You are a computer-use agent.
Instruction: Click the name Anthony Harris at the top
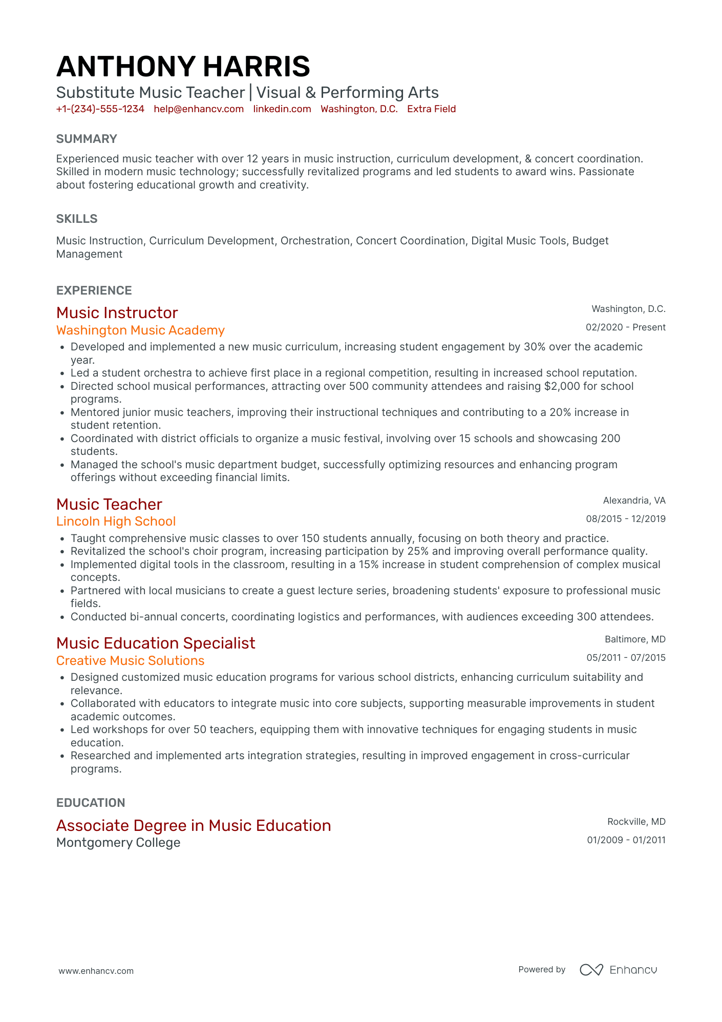click(x=183, y=67)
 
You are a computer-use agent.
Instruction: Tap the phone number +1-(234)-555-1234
click(x=100, y=109)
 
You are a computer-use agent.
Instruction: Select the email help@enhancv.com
click(x=199, y=109)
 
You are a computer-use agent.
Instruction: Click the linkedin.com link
click(x=282, y=109)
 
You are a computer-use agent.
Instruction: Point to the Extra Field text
click(x=431, y=109)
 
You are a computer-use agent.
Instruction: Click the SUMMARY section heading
click(x=87, y=139)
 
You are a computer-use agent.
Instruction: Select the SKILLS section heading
click(x=77, y=219)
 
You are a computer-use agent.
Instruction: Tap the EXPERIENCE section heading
click(x=94, y=290)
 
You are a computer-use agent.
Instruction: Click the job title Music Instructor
click(x=117, y=312)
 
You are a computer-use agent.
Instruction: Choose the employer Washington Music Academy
click(x=140, y=330)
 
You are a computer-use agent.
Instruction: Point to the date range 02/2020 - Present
click(x=625, y=327)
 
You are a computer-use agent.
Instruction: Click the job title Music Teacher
click(x=109, y=504)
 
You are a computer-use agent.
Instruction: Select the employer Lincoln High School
click(x=116, y=522)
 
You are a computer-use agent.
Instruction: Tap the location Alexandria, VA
click(x=634, y=500)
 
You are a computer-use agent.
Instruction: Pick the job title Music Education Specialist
click(x=156, y=643)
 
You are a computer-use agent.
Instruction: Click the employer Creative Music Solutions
click(x=130, y=661)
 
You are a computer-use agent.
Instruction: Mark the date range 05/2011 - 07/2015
click(x=626, y=658)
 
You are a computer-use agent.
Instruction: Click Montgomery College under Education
click(x=118, y=843)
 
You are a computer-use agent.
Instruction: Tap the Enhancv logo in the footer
click(x=618, y=970)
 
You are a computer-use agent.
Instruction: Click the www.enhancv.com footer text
click(x=96, y=971)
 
